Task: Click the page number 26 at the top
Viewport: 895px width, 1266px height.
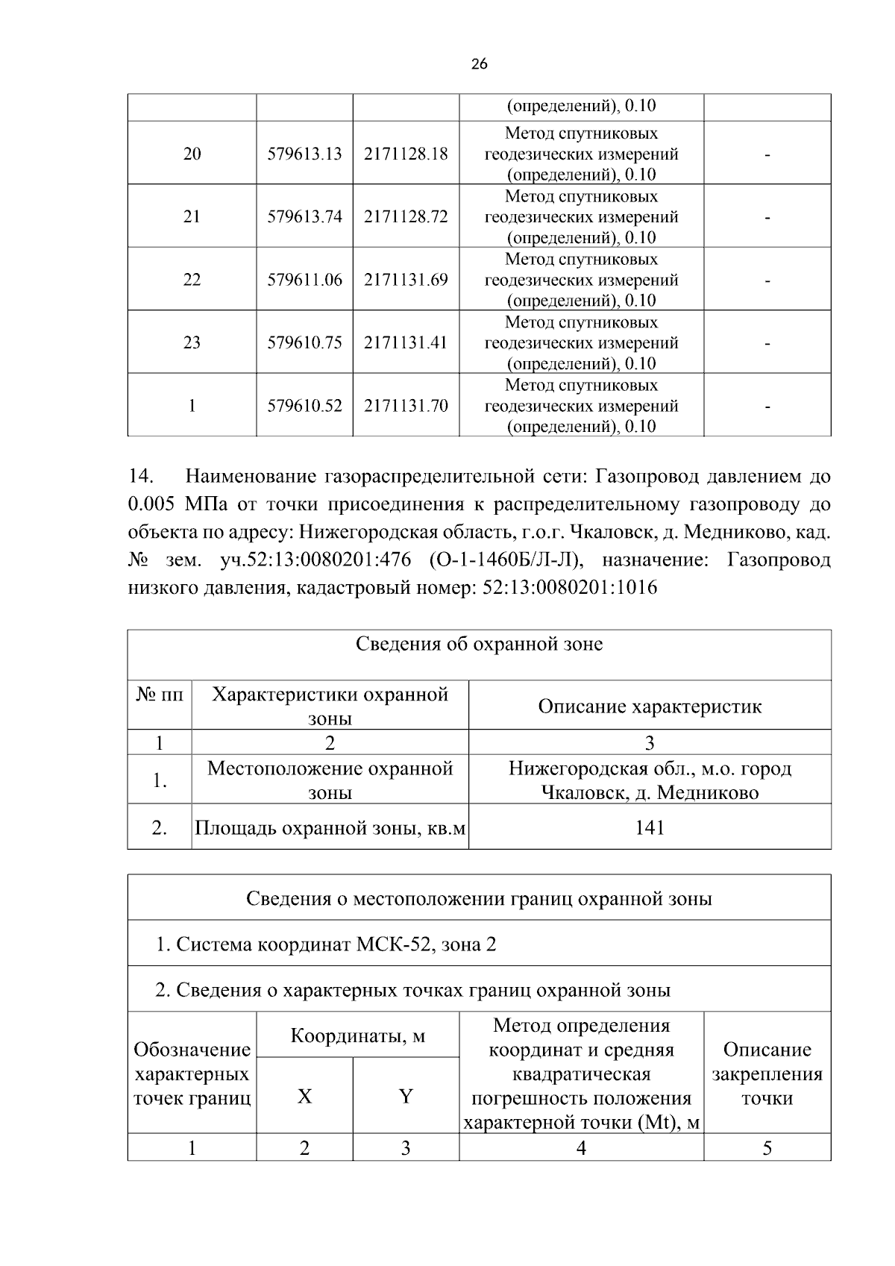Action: pos(480,64)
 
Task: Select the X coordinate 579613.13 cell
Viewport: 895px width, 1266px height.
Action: pos(304,154)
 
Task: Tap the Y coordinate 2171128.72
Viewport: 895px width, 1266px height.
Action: pos(406,216)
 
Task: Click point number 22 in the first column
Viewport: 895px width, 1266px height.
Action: pos(192,280)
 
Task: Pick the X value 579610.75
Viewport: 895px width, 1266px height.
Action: pos(304,342)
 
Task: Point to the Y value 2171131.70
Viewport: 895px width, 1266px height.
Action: pos(406,406)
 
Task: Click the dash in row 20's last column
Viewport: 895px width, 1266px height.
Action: pos(767,154)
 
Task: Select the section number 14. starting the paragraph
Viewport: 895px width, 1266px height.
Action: pos(141,476)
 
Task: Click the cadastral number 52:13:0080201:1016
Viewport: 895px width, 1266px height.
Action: pos(570,588)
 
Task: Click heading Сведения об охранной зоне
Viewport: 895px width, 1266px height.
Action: pos(479,644)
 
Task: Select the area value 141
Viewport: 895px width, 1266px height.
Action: pos(649,827)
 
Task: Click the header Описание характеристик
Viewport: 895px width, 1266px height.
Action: pos(649,706)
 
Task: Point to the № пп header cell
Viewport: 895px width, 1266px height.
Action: pos(159,695)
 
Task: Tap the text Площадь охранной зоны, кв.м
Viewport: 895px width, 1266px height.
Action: pos(330,827)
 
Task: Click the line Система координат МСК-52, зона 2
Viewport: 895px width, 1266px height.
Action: pos(326,944)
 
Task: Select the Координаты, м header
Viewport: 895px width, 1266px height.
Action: pos(357,1036)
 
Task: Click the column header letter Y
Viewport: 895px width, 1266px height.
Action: pos(405,1096)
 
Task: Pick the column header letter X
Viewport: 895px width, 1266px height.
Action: pos(304,1096)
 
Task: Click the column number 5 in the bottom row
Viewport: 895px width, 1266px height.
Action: pos(767,1148)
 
